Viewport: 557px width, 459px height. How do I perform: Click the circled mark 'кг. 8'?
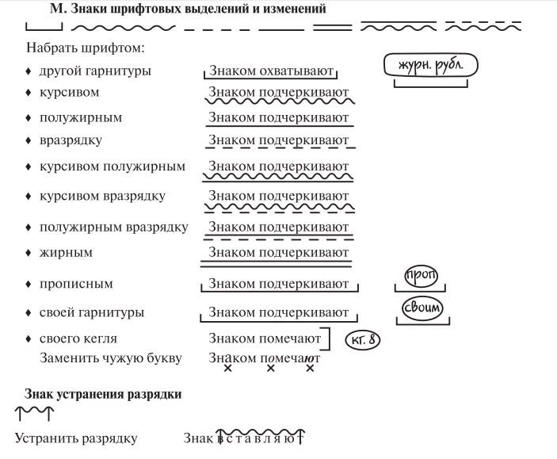point(364,341)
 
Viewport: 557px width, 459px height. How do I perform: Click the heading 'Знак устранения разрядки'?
point(103,393)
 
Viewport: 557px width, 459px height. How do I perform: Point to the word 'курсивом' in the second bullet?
point(69,93)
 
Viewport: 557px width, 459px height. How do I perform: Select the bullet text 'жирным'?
point(66,253)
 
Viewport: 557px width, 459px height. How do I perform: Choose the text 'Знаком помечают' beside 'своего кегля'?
point(265,339)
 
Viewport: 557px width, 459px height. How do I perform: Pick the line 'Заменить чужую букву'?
point(111,358)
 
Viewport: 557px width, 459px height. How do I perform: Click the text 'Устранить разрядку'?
point(76,438)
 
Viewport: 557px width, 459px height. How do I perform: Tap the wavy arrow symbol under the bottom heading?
point(34,412)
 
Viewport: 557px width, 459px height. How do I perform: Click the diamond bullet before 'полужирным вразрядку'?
point(28,228)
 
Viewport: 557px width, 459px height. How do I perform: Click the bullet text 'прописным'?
point(76,284)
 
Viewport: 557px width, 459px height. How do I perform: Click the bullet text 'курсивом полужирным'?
point(112,167)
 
